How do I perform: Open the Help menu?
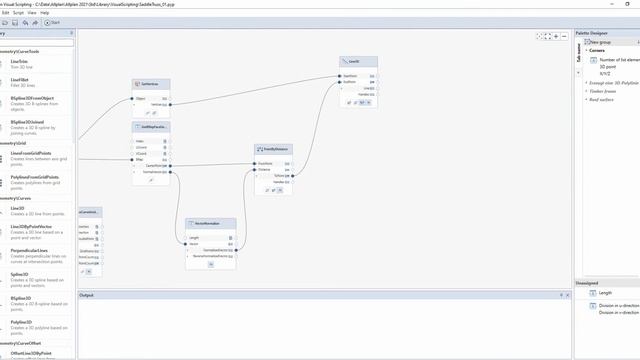click(58, 12)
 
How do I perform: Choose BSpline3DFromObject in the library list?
click(32, 99)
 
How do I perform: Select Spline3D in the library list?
click(19, 273)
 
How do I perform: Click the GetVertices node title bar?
click(151, 84)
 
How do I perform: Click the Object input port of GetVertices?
click(136, 98)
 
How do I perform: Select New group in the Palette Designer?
click(599, 42)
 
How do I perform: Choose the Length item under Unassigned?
click(605, 292)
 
